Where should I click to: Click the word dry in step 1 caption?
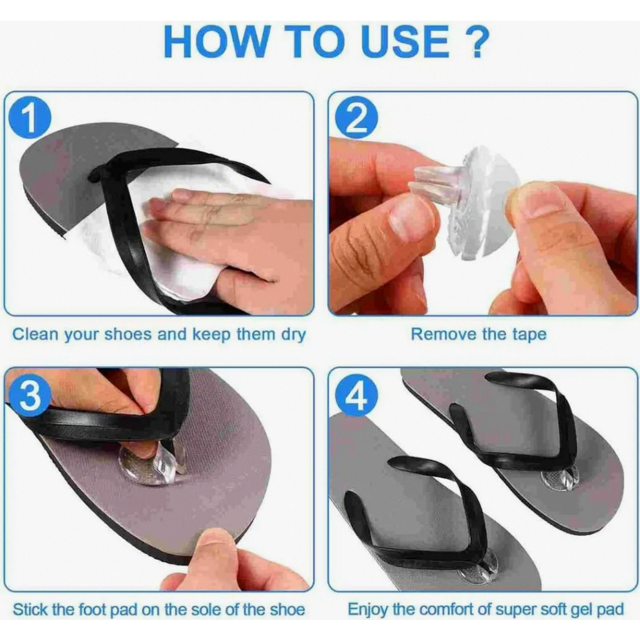[x=292, y=335]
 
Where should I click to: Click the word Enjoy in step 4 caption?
[x=367, y=611]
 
